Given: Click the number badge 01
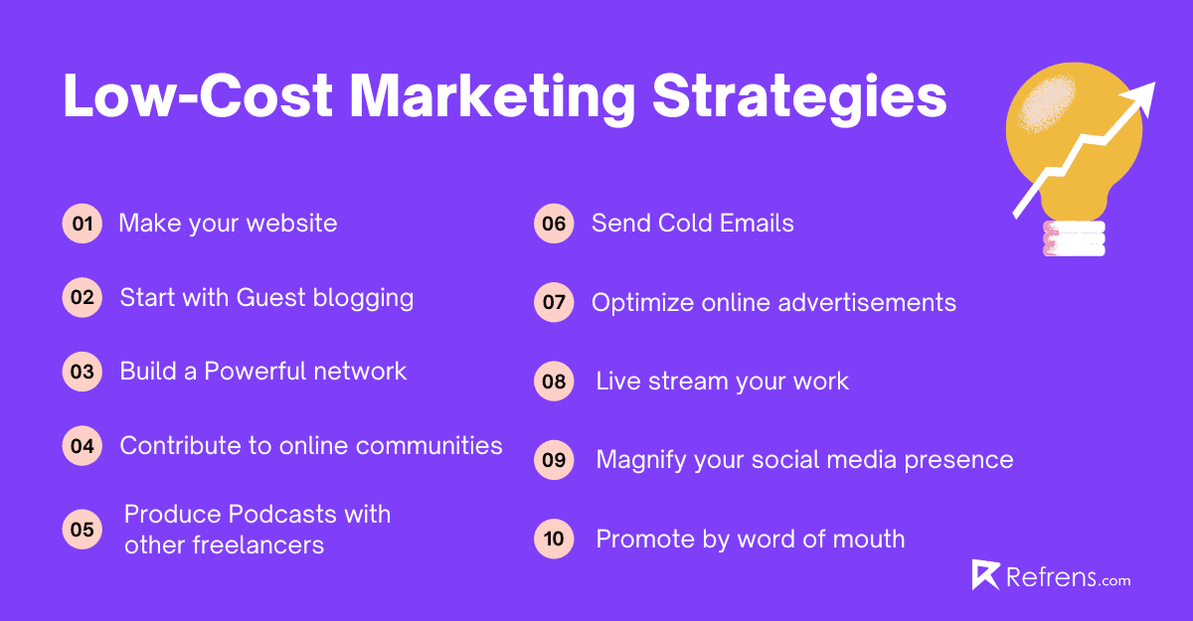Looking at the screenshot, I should (82, 224).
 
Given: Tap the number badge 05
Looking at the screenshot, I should (82, 530).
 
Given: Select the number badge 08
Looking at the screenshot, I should (554, 383).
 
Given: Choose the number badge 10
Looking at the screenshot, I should (554, 540).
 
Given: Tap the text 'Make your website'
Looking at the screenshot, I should (228, 224).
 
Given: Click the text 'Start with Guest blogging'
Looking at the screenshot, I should (266, 297).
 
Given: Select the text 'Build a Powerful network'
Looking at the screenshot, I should (263, 372).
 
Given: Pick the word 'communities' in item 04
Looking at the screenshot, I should (429, 446).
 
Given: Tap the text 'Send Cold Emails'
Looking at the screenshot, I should (692, 224).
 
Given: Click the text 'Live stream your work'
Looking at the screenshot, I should (722, 382).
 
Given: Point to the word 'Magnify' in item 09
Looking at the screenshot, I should (641, 460).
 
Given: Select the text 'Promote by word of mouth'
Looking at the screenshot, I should (750, 540).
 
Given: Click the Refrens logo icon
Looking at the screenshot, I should (985, 576).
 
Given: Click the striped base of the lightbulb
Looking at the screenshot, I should (1074, 239).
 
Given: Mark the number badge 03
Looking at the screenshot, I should (82, 372).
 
